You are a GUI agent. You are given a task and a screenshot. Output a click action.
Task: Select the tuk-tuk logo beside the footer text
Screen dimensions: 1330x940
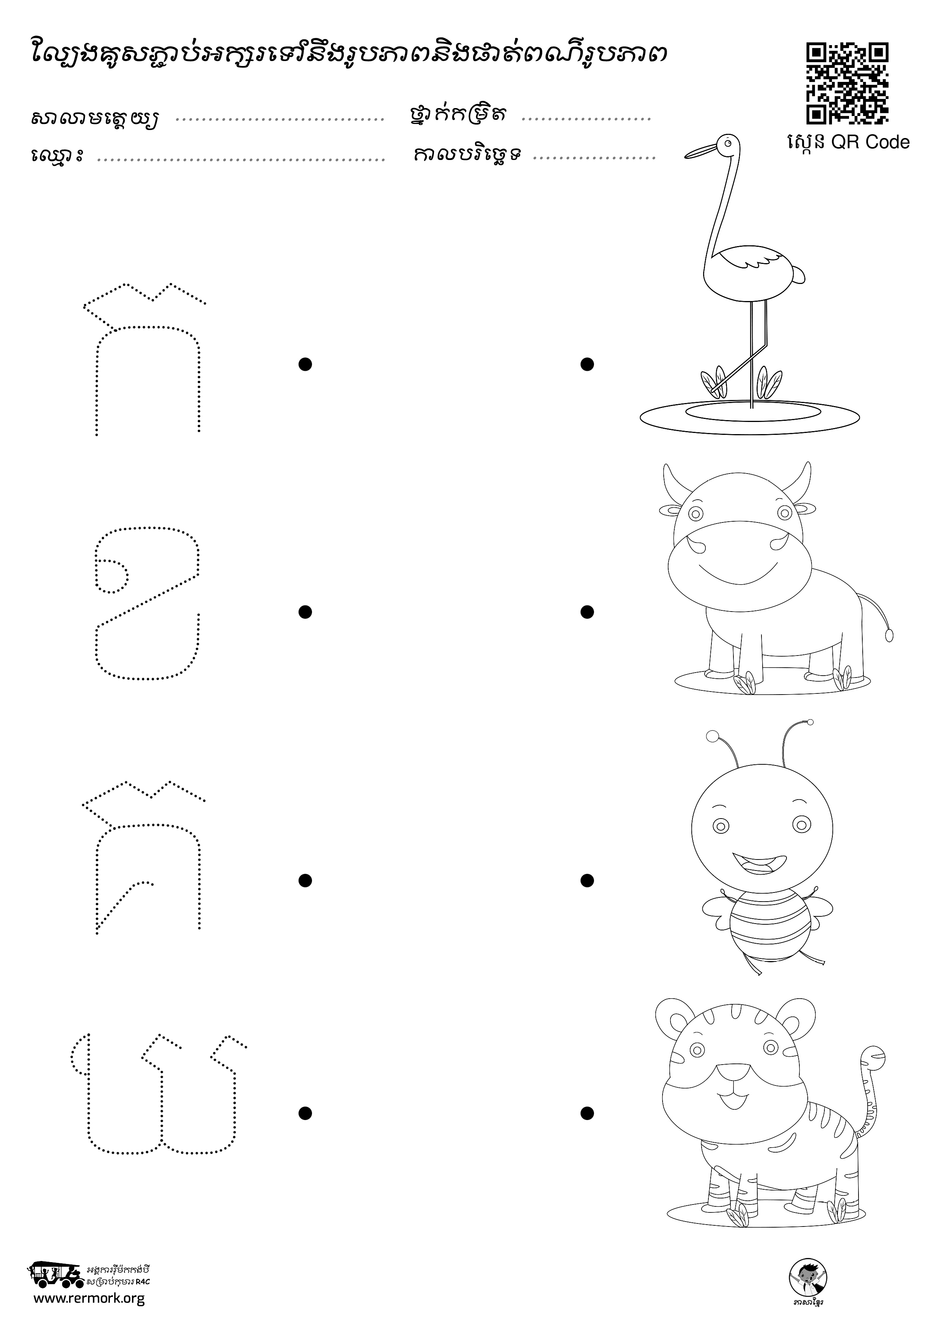55,1272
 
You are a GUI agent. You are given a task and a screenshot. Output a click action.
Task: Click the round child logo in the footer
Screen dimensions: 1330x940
808,1277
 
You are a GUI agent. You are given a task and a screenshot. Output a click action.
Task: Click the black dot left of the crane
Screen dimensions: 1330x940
587,364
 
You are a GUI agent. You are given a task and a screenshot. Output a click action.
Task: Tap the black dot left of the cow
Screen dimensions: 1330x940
587,612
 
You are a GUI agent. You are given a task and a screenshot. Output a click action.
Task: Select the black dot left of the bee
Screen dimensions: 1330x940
587,880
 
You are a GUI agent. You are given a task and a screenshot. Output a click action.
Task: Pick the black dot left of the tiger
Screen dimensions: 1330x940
587,1113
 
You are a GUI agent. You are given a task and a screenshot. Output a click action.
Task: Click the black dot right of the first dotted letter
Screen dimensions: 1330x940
305,364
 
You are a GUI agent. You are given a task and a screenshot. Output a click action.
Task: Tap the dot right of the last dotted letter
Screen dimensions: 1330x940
305,1113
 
